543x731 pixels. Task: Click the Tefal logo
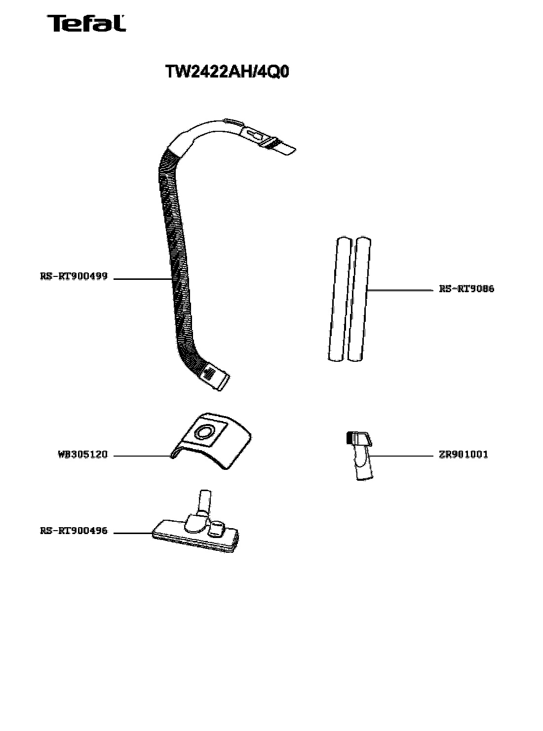[x=86, y=24]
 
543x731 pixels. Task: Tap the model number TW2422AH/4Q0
[x=227, y=72]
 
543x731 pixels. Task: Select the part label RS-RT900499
[x=74, y=276]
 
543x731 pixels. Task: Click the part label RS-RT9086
[x=466, y=289]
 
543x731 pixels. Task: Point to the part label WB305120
[x=83, y=455]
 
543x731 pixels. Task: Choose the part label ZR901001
[x=464, y=455]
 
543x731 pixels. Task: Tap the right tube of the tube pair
[x=360, y=299]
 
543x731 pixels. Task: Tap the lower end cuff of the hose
[x=216, y=377]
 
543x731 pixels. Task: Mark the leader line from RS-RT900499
[x=142, y=279]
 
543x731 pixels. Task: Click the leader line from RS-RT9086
[x=399, y=290]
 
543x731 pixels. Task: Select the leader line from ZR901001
[x=400, y=456]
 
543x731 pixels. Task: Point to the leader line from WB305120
[x=142, y=456]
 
